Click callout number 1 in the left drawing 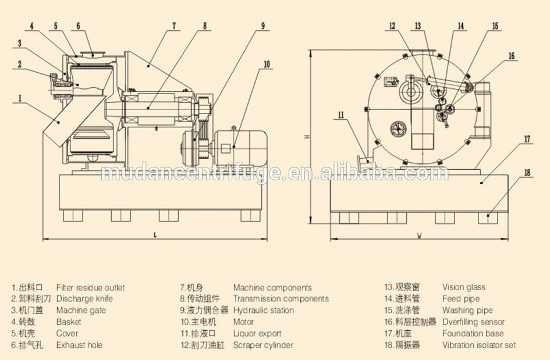click(20, 98)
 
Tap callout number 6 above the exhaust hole click(78, 26)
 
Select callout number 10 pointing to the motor click(267, 65)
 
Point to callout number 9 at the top click(263, 26)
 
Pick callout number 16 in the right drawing click(512, 56)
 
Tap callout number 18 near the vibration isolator click(527, 173)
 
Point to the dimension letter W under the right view click(420, 235)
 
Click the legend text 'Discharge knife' click(84, 299)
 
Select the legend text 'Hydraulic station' click(263, 311)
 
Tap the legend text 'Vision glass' click(463, 287)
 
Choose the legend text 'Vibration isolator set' click(478, 345)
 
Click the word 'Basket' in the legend click(69, 322)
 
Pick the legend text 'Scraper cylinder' click(263, 345)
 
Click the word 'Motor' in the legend click(244, 322)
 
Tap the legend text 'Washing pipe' click(467, 311)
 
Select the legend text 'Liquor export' click(257, 334)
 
